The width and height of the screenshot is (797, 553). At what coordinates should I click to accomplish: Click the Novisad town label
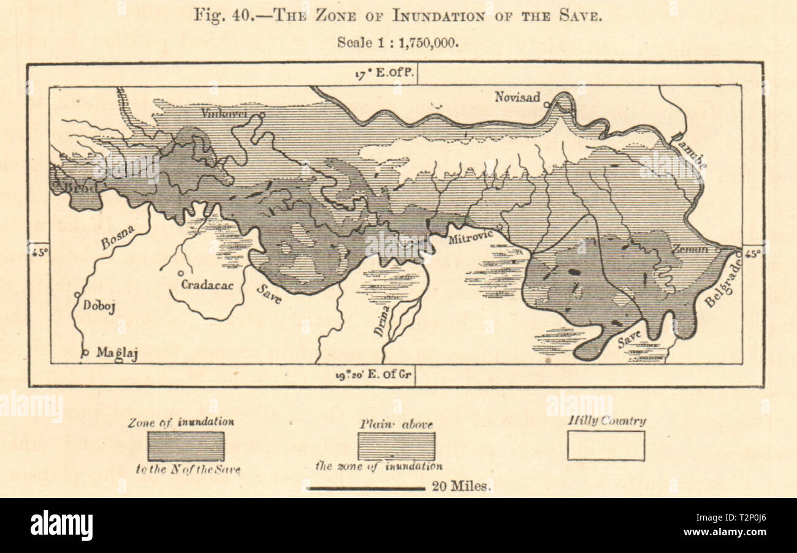[517, 97]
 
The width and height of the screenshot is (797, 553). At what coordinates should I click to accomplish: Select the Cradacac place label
[207, 285]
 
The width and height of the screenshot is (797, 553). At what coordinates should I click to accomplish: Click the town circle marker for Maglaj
[86, 352]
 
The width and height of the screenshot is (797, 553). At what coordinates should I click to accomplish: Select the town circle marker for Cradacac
[181, 274]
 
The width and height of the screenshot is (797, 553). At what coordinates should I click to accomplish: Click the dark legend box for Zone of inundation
[186, 446]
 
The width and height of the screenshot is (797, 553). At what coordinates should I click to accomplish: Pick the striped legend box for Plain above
[396, 446]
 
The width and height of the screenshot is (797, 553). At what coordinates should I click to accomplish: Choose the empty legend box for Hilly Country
[605, 446]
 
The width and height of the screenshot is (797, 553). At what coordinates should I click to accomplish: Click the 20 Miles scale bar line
[366, 488]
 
